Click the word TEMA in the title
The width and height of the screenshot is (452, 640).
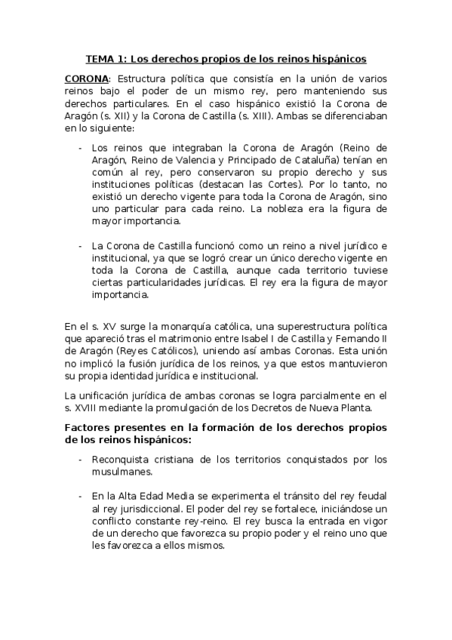tap(100, 58)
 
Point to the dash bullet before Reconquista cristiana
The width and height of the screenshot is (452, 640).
tap(81, 460)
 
